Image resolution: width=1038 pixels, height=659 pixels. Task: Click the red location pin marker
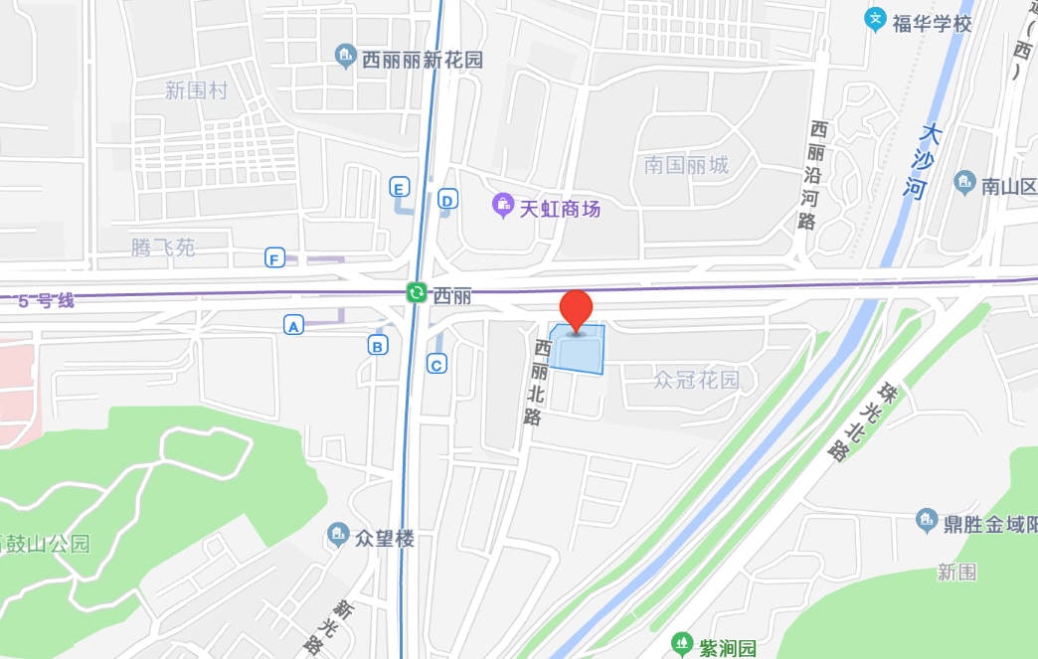coord(577,308)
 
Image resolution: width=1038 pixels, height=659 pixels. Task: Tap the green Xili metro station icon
coord(417,293)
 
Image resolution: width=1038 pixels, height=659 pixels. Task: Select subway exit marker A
coord(293,325)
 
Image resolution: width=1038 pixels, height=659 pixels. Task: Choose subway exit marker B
coord(377,345)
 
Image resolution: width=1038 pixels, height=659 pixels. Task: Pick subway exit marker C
coord(436,364)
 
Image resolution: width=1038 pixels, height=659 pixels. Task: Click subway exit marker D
coord(447,201)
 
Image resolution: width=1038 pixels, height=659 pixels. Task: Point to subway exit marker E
coord(399,187)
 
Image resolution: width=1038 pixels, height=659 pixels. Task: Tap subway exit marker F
coord(274,259)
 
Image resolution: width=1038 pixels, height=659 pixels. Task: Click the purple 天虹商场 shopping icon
coord(503,208)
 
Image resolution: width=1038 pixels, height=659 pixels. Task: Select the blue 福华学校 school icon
coord(875,19)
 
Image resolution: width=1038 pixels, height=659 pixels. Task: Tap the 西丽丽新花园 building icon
coord(345,57)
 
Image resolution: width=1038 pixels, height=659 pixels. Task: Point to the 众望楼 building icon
coord(338,537)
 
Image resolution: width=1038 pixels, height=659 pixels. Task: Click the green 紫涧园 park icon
coord(681,645)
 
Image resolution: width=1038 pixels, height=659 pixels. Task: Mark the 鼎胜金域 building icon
coord(927,521)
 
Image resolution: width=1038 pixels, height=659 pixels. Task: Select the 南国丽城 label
coord(686,165)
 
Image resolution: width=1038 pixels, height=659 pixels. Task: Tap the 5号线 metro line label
coord(46,300)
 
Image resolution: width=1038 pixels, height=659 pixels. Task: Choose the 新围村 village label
coord(196,91)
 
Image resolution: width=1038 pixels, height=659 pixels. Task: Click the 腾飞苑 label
coord(163,247)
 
